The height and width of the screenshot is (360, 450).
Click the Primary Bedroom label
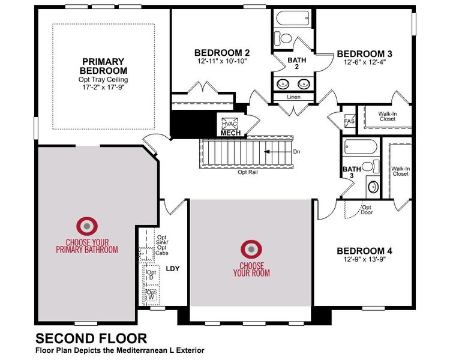click(103, 66)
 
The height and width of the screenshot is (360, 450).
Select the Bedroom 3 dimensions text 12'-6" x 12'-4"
click(364, 62)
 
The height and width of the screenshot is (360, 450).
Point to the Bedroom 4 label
click(364, 251)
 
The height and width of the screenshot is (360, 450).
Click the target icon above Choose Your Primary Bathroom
click(88, 226)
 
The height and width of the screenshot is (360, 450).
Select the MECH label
click(230, 133)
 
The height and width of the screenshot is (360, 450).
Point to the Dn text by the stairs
click(296, 152)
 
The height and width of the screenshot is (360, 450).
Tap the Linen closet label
click(294, 97)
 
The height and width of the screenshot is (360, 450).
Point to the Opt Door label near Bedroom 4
click(366, 209)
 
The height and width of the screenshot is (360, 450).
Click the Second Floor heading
click(91, 338)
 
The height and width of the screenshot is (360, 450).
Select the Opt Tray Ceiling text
click(103, 79)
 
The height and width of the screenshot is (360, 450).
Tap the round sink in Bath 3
click(372, 186)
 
